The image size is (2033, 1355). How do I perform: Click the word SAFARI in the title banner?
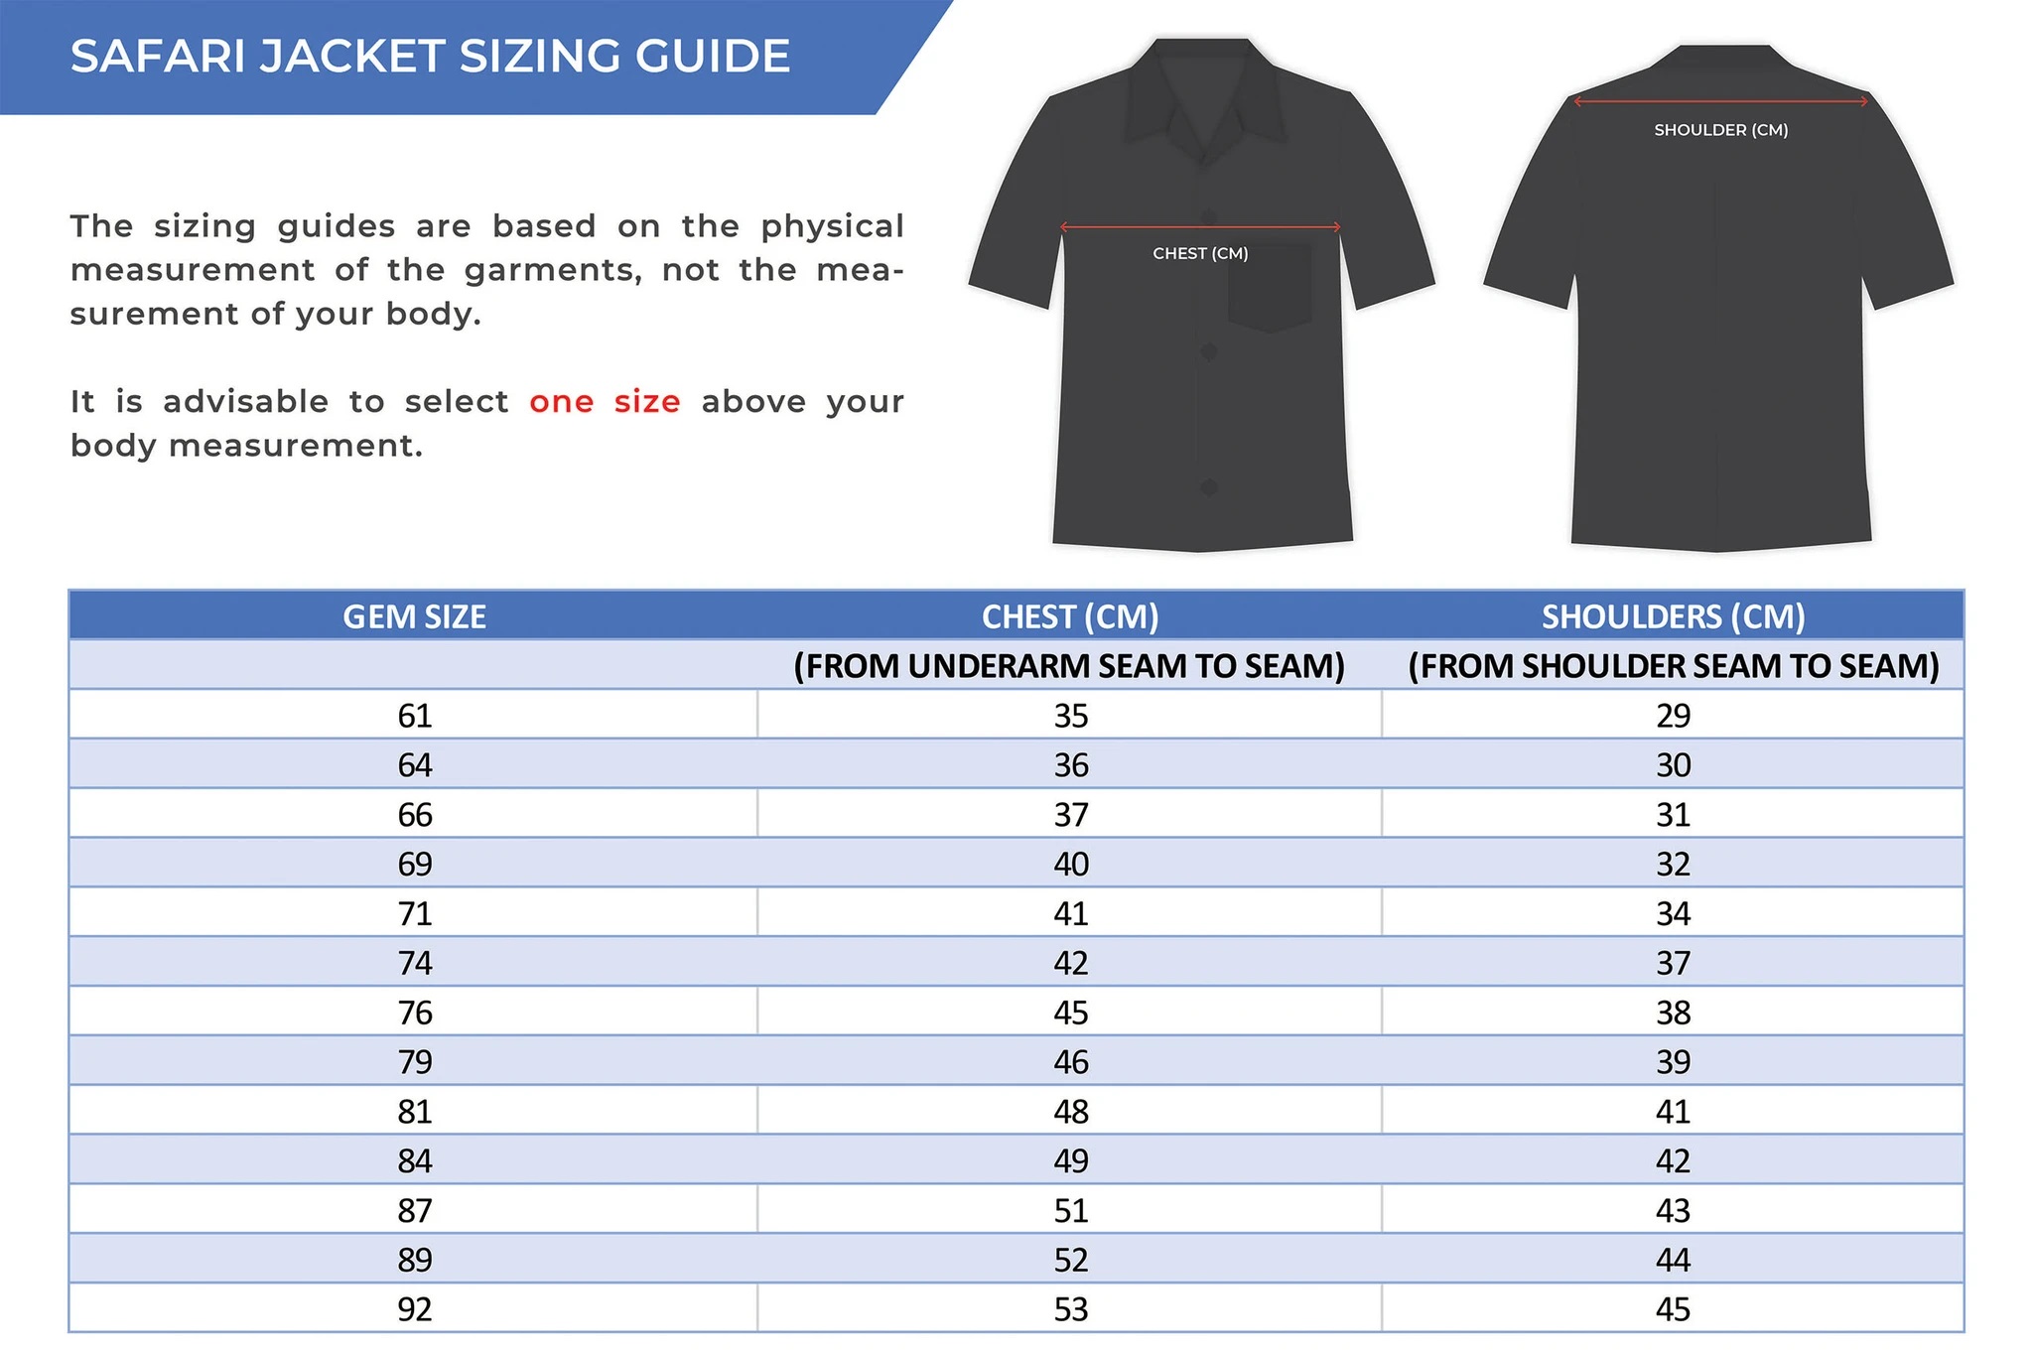158,57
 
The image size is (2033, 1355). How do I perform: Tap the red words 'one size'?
605,402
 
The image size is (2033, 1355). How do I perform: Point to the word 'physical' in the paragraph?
832,226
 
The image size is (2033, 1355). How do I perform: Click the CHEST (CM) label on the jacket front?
1200,254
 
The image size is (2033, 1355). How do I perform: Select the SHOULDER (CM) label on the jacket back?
1720,130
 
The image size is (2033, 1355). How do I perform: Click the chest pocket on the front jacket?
1270,287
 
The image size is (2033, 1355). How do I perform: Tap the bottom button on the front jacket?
1208,487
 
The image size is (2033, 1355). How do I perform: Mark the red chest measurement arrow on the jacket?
1200,227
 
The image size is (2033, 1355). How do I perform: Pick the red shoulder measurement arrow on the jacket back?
1720,101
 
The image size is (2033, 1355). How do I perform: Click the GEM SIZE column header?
414,617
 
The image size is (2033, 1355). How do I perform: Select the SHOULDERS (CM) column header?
1673,617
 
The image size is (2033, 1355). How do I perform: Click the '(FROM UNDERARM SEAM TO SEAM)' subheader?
1069,666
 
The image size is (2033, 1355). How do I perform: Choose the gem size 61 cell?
414,716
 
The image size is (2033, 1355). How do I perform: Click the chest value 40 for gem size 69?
1071,865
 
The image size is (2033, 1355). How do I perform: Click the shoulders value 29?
1673,716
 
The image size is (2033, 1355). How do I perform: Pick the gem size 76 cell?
414,1013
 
